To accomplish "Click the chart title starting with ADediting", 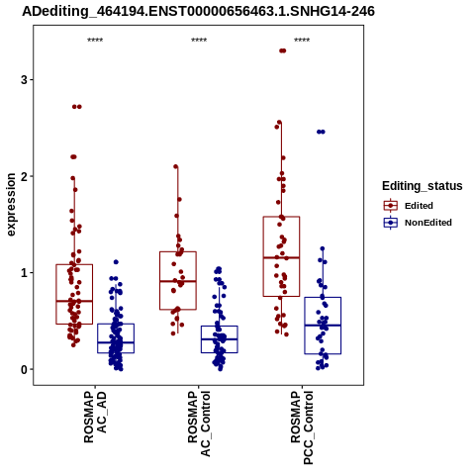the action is pos(198,12).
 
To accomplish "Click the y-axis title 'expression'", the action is pos(11,205).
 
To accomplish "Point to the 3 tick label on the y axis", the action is pos(25,80).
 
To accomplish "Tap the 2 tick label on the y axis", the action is pos(25,176).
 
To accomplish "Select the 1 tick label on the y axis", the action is pos(25,273).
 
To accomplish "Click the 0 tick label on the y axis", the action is pos(25,369).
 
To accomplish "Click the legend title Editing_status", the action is pos(422,186).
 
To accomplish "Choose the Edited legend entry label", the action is pos(419,206).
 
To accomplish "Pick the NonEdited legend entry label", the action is pos(428,223).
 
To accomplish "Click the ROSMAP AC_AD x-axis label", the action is pos(95,417).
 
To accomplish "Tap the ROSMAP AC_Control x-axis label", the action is pos(199,424).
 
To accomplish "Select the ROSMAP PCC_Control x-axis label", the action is pos(302,427).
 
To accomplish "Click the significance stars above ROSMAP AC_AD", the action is pos(95,41).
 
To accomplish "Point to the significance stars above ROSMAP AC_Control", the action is pos(199,41).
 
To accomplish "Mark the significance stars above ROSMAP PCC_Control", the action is pos(302,41).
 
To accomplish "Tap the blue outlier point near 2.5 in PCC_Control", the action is pos(321,132).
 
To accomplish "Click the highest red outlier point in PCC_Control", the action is pos(283,50).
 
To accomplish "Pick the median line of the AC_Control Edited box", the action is pos(178,281).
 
